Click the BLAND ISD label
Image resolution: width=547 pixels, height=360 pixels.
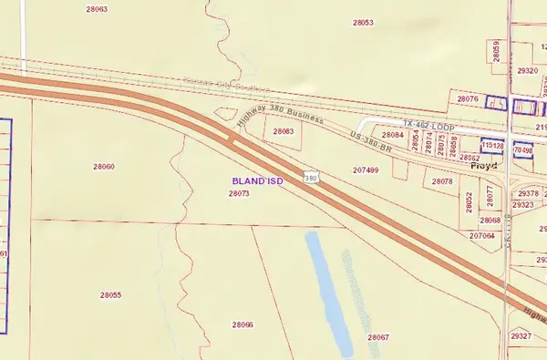(x=258, y=182)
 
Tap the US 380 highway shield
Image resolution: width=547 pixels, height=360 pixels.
(x=312, y=178)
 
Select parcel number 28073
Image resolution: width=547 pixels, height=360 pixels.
(x=240, y=194)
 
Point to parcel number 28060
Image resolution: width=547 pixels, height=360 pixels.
(x=104, y=167)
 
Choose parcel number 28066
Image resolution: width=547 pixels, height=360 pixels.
(x=243, y=325)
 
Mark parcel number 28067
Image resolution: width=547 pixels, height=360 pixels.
(x=378, y=337)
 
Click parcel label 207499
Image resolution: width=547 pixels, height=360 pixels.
(x=366, y=170)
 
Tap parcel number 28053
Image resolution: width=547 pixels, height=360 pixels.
(x=362, y=22)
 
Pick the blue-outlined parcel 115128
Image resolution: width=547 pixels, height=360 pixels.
(x=493, y=146)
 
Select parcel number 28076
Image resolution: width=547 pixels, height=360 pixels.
(x=467, y=98)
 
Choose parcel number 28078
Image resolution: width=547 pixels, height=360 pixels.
(x=442, y=182)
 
